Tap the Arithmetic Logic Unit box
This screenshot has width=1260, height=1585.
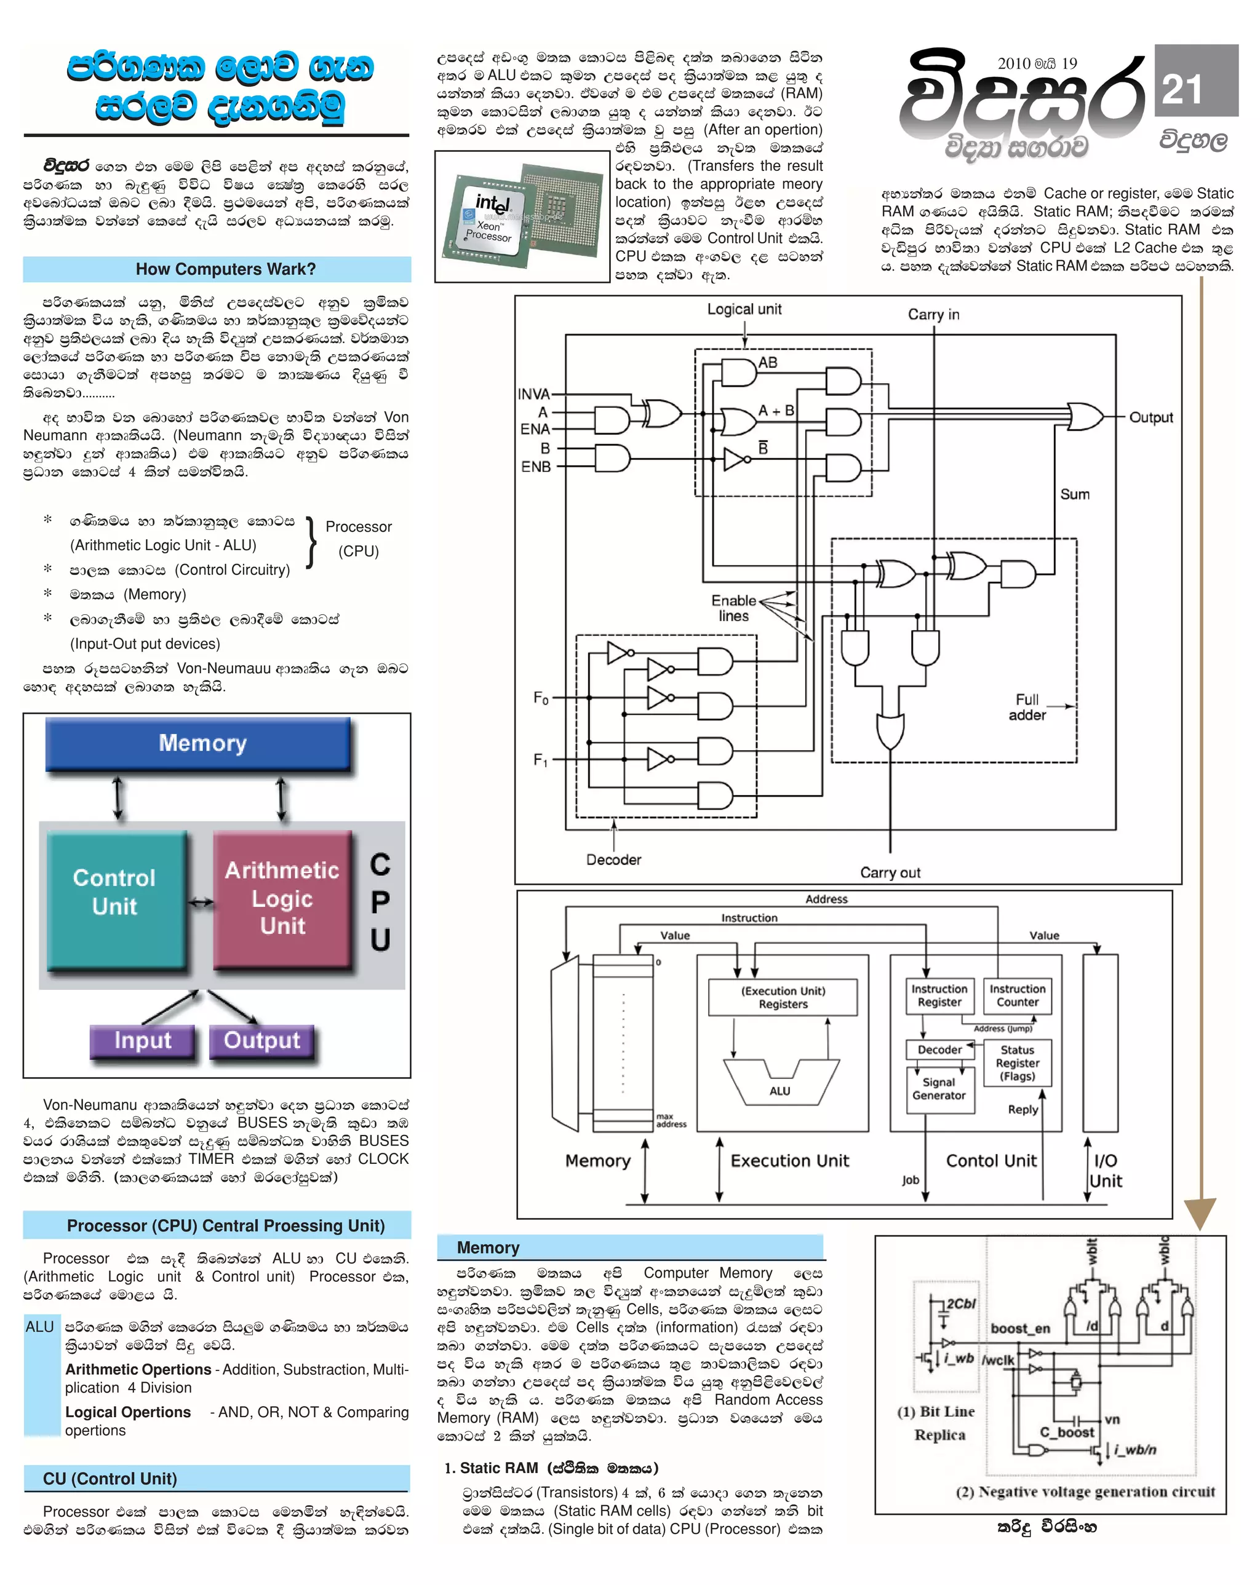282,898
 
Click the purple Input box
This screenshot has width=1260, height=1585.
143,1040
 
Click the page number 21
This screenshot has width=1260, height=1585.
1181,90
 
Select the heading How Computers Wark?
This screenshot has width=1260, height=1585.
225,269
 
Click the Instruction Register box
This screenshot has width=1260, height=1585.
939,995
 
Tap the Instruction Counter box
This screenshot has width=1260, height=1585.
1017,995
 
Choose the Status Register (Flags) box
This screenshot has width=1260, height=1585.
1017,1063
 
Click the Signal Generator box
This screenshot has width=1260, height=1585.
939,1089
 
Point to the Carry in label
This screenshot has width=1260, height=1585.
933,315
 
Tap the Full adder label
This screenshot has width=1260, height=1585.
1027,707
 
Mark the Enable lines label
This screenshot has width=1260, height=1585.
733,608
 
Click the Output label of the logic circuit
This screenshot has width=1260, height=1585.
1151,417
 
